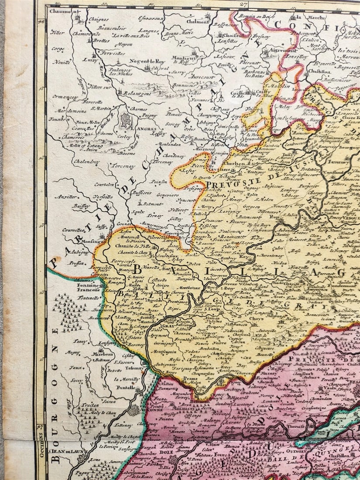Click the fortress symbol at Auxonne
pyautogui.click(x=134, y=410)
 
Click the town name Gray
pyautogui.click(x=155, y=325)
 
